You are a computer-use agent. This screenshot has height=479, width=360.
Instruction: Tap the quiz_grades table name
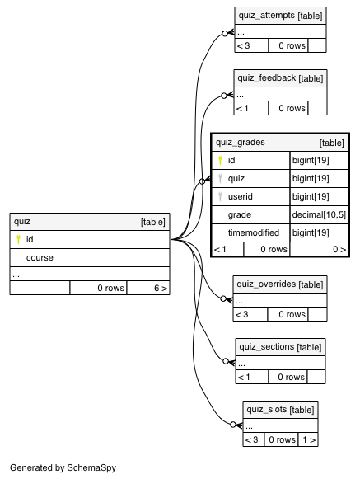(241, 143)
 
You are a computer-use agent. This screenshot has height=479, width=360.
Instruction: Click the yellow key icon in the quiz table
(18, 239)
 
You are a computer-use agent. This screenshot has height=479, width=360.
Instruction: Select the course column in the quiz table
(40, 257)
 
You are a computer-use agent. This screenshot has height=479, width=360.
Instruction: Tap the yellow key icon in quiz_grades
(220, 160)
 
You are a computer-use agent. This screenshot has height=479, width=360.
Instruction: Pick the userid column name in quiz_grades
(240, 196)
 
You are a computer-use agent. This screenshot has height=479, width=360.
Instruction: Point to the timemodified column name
(254, 232)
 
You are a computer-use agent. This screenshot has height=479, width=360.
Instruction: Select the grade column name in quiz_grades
(240, 214)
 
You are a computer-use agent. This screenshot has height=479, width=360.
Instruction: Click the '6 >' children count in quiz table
(161, 288)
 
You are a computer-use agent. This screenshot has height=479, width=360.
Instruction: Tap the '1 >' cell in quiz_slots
(309, 439)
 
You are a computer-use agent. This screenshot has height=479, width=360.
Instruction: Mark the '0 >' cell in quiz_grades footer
(339, 249)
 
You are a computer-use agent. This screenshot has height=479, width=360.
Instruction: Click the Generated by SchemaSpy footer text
(63, 467)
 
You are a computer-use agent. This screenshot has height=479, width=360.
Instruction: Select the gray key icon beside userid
(220, 196)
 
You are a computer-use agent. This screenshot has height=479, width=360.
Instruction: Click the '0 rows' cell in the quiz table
(110, 288)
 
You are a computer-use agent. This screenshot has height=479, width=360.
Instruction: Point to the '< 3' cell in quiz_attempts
(243, 45)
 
